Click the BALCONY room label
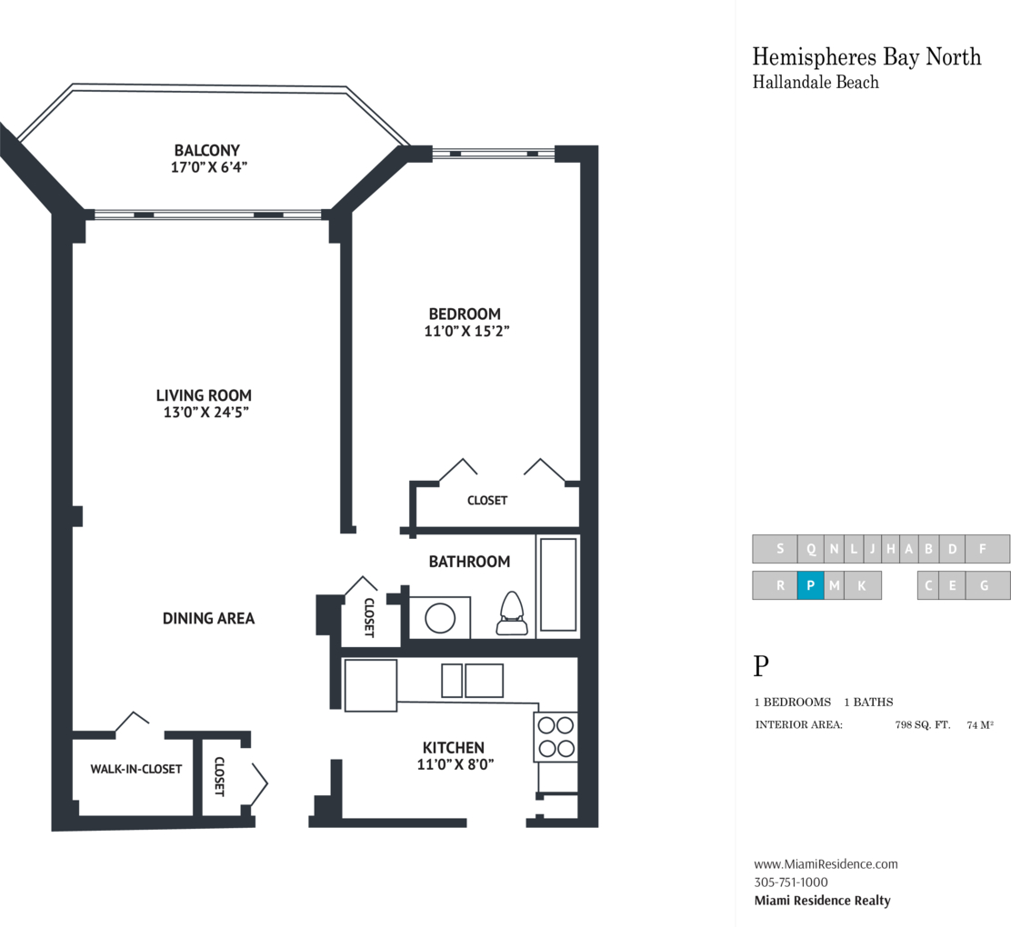(x=207, y=150)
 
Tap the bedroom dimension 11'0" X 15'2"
(x=466, y=332)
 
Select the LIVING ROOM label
(x=204, y=395)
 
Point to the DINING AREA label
(x=208, y=618)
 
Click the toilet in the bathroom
(x=512, y=613)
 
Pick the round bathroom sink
(x=440, y=618)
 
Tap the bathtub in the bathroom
(x=558, y=584)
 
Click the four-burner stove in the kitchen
(x=556, y=737)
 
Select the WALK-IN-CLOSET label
(x=136, y=769)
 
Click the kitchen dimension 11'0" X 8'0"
(x=455, y=764)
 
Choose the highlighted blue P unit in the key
(x=810, y=585)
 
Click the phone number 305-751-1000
(x=791, y=882)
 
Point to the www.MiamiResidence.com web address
(x=826, y=863)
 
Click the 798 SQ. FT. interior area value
(x=923, y=724)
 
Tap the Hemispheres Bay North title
(x=866, y=56)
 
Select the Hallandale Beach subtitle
(x=816, y=82)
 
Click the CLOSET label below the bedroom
(x=487, y=500)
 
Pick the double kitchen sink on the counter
(x=472, y=680)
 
